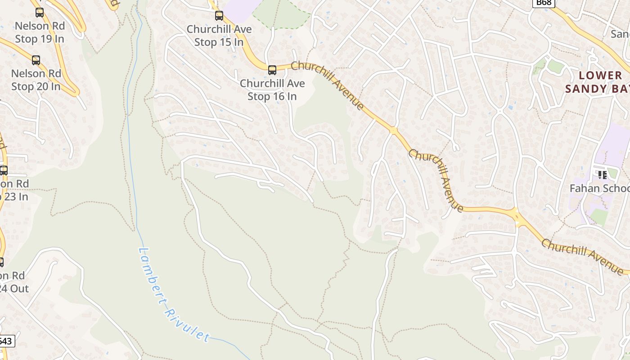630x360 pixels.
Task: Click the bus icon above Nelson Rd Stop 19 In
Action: [40, 13]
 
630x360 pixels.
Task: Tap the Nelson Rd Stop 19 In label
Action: [40, 32]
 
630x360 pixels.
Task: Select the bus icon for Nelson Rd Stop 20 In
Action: [36, 60]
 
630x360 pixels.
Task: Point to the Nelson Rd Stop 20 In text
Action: [36, 80]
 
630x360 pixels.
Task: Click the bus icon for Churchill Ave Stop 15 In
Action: [219, 16]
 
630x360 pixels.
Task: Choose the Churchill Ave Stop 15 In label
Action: [219, 36]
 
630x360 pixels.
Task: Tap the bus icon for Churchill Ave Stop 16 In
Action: [272, 70]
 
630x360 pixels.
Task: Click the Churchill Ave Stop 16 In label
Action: [272, 90]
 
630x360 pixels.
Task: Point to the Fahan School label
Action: [600, 188]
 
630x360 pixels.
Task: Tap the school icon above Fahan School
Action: [602, 175]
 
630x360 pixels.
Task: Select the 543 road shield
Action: [6, 342]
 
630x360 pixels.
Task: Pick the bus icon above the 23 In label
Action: [4, 171]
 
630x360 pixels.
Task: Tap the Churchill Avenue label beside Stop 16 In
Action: [327, 85]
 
